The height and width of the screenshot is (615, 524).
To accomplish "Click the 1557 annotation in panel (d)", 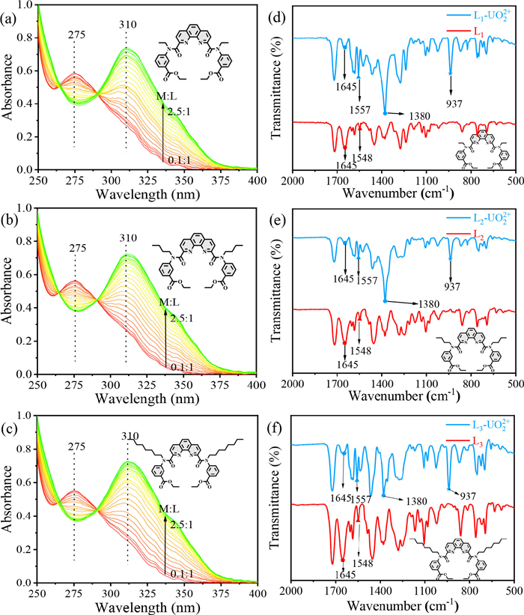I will point(360,110).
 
